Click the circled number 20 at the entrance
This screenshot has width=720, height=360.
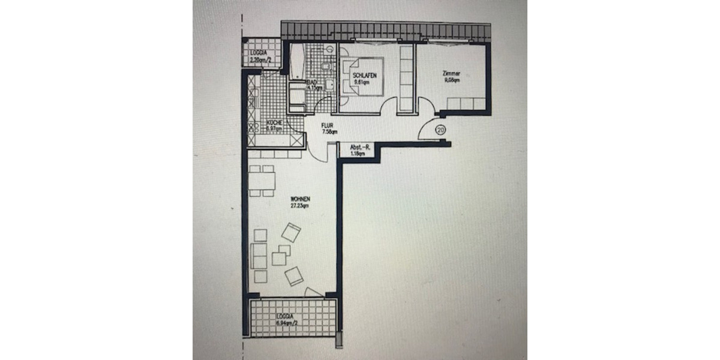pos(440,130)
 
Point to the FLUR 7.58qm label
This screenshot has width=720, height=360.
pos(328,129)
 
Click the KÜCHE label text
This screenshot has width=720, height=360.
pos(257,124)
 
